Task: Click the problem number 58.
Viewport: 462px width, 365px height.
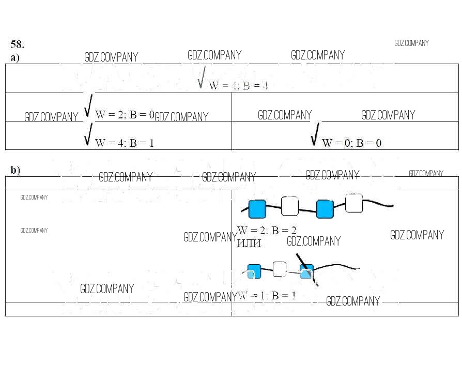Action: click(x=17, y=44)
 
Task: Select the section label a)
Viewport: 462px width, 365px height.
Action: click(x=15, y=57)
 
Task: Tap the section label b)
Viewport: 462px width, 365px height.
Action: click(x=16, y=170)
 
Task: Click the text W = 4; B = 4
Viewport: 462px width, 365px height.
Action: click(x=238, y=86)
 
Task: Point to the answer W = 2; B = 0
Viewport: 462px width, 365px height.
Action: click(x=125, y=115)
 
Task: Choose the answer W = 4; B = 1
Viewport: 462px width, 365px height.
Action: click(x=125, y=143)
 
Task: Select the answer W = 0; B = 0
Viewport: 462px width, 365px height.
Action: click(x=351, y=143)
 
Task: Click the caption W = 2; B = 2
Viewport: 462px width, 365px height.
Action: click(x=267, y=231)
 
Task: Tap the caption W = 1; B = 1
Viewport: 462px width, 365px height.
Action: click(x=267, y=296)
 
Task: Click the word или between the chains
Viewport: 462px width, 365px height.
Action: click(x=249, y=243)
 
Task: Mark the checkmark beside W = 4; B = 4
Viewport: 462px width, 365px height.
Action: click(x=202, y=77)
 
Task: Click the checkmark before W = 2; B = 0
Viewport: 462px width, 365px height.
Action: click(x=88, y=106)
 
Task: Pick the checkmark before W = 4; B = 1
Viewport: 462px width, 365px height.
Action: click(x=88, y=134)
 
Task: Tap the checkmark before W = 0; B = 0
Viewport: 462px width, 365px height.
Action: click(x=315, y=134)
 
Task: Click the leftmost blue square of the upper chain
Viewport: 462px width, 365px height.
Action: click(x=257, y=209)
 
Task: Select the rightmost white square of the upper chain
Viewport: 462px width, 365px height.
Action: click(x=354, y=203)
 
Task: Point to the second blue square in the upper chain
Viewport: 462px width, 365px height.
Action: click(x=325, y=209)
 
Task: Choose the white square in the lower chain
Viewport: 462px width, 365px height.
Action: click(x=280, y=269)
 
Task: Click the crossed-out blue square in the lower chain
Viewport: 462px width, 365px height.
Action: click(x=307, y=272)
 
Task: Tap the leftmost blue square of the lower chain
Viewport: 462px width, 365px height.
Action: click(x=254, y=271)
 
